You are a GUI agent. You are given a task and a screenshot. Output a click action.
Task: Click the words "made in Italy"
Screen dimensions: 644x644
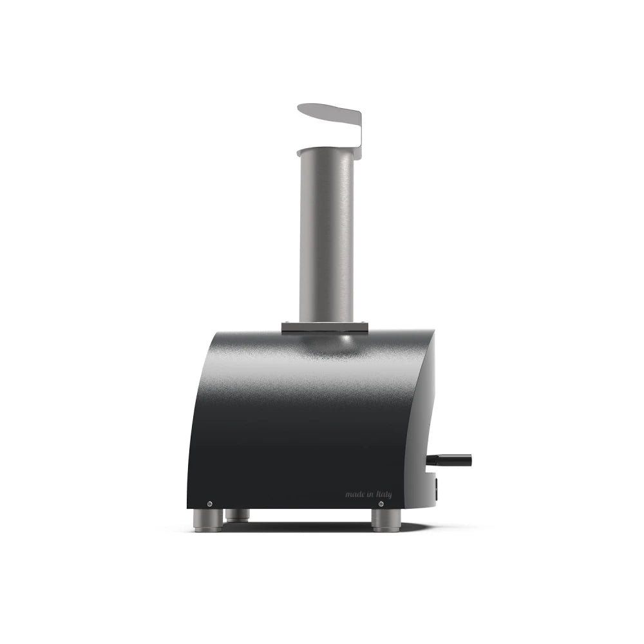click(368, 494)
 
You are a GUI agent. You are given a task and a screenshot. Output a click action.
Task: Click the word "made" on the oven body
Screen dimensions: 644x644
click(354, 494)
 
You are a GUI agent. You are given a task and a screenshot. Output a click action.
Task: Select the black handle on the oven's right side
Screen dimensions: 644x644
click(449, 460)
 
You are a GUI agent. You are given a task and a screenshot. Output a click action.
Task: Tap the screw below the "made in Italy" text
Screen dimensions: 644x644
click(381, 504)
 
